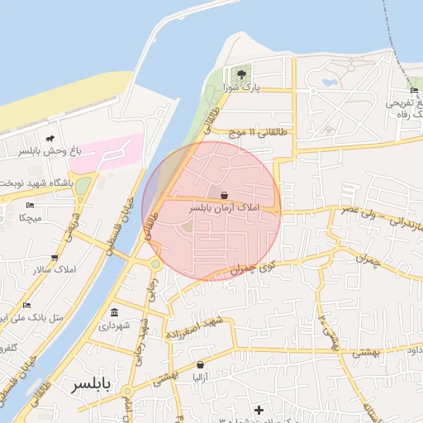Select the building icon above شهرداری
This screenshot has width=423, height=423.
113,313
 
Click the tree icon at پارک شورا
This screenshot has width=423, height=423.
242,74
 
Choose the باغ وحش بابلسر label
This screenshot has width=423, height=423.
45,152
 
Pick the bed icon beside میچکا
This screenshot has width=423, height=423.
31,205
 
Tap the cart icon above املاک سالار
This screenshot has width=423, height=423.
55,258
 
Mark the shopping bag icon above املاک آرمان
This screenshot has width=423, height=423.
224,195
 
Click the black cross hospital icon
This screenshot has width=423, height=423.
259,410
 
